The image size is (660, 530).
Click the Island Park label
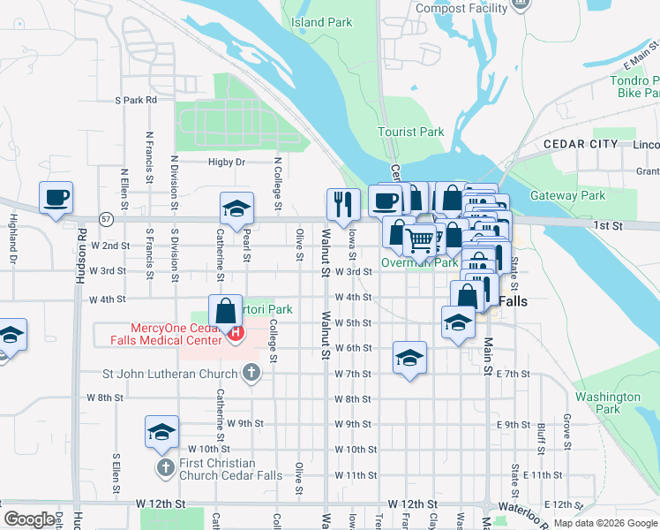(321, 21)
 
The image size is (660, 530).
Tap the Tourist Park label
(411, 132)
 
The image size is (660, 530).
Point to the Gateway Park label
(567, 195)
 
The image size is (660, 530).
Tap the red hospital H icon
(235, 333)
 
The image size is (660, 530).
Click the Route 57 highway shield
(106, 217)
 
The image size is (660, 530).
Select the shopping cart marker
(420, 238)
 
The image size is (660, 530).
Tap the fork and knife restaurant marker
(341, 203)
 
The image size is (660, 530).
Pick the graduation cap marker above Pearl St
(236, 208)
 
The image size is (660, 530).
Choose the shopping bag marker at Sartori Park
(226, 310)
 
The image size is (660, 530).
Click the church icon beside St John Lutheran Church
(251, 372)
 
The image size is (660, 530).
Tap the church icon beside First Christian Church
(164, 466)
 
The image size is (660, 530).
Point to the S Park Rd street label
(135, 100)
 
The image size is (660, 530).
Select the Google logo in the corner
(29, 519)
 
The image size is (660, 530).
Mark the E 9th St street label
(514, 425)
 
